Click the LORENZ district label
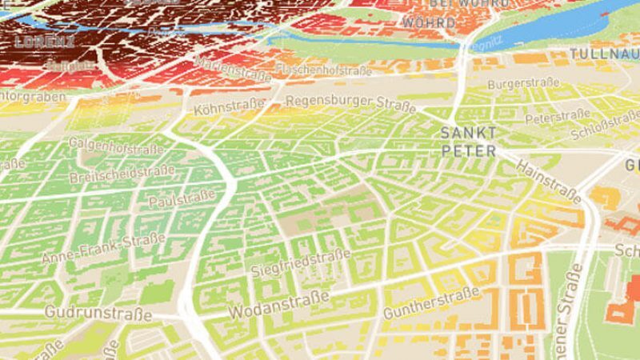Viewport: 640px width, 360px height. point(45,41)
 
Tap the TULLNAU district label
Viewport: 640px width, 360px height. point(604,54)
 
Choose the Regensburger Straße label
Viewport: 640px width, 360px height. point(339,102)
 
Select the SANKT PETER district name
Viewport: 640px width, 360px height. point(468,141)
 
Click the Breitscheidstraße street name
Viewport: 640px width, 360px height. point(122,174)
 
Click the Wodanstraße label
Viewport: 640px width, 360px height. point(279,306)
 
